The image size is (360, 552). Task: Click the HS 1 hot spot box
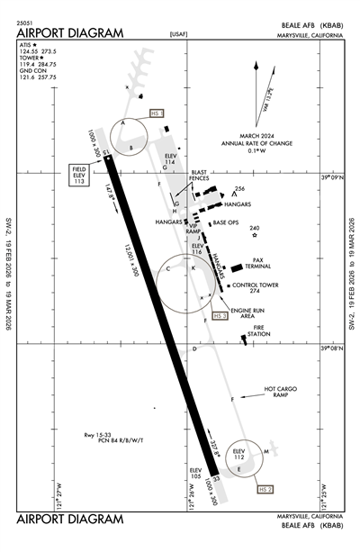point(156,114)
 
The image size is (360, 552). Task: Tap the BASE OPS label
point(225,223)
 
